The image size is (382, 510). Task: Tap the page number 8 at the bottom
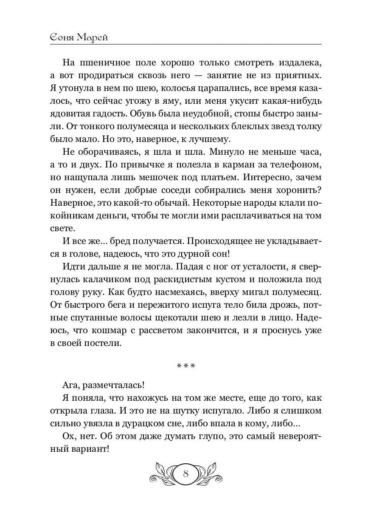185,473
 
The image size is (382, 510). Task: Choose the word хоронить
294,190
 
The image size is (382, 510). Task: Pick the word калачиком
112,280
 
